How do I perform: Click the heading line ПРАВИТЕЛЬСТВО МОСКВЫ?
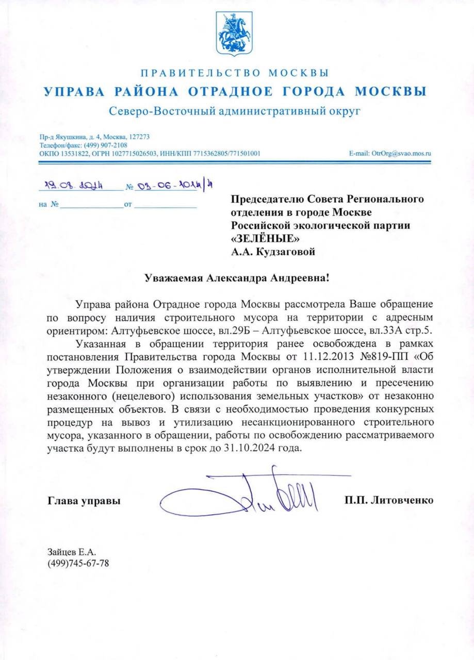point(235,73)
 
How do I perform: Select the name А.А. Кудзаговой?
point(272,252)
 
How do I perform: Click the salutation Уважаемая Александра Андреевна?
point(236,278)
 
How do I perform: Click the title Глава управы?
point(84,500)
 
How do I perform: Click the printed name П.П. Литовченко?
point(389,500)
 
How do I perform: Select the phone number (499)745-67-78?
point(78,563)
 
